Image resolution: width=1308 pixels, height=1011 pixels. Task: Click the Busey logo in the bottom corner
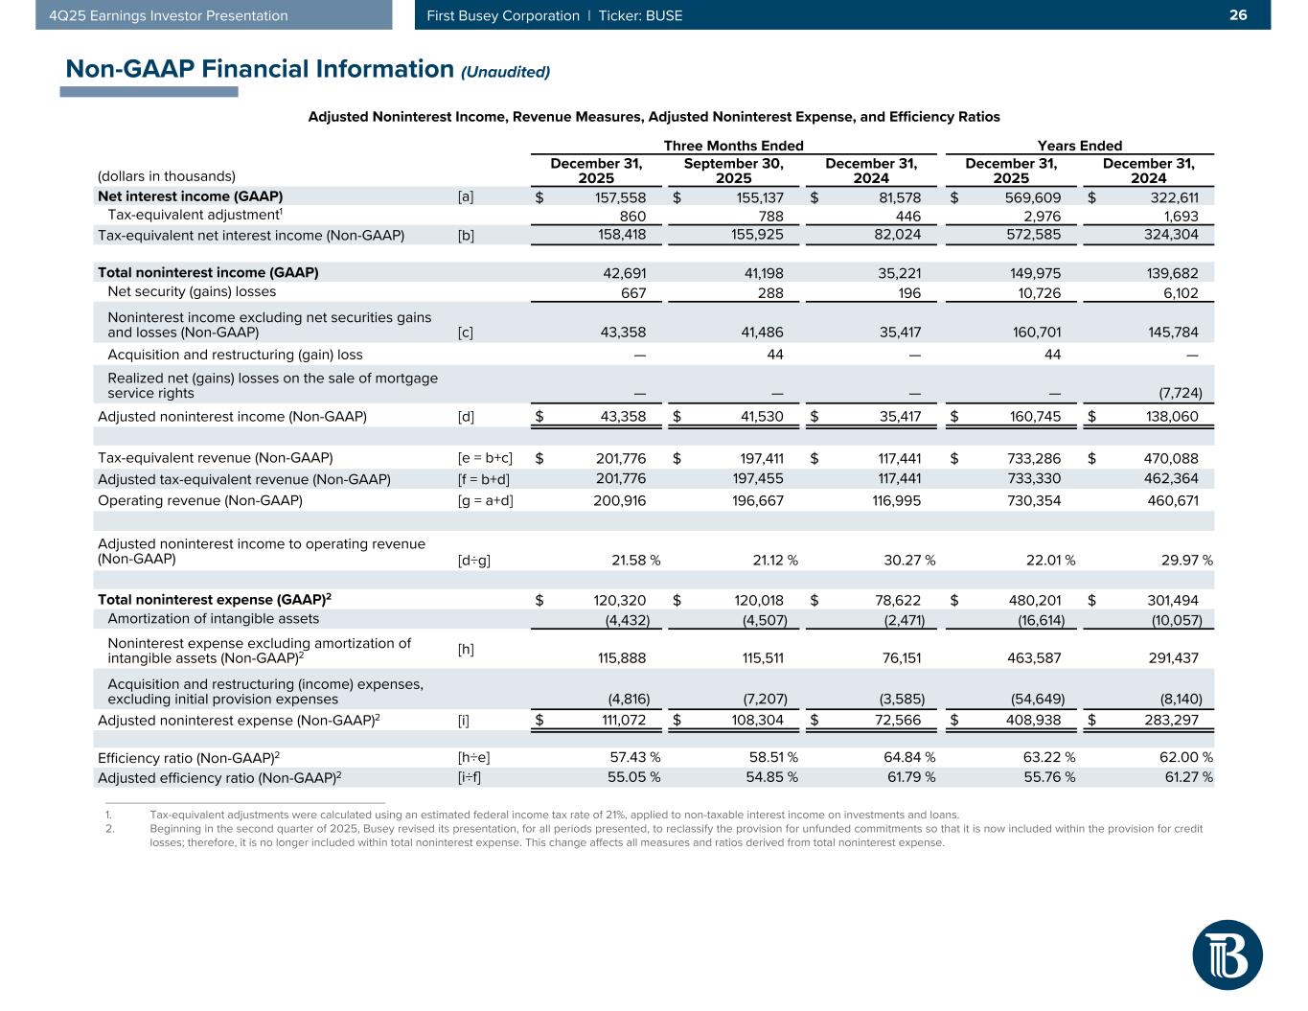tap(1227, 954)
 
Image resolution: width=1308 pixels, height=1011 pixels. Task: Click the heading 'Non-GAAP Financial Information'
tap(259, 69)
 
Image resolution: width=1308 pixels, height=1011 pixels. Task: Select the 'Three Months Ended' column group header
tap(733, 146)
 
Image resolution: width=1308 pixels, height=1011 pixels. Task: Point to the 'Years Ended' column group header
tap(1079, 146)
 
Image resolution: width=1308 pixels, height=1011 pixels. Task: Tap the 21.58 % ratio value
tap(635, 560)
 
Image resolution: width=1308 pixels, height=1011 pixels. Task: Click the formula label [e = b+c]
tap(486, 458)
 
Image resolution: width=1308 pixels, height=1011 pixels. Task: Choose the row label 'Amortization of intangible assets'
tap(214, 619)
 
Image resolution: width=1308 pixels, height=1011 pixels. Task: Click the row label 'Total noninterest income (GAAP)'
tap(208, 272)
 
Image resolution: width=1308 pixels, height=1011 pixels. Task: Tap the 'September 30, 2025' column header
tap(733, 171)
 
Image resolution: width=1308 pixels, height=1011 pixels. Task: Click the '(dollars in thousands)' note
tap(167, 176)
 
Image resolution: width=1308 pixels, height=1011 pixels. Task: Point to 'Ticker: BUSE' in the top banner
tap(640, 15)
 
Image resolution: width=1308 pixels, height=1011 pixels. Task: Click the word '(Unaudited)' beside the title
tap(506, 72)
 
